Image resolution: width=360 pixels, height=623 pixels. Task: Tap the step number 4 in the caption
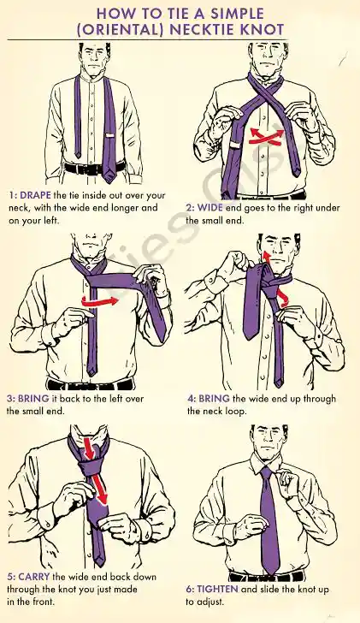[191, 399]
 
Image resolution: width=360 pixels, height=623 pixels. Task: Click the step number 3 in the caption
[9, 399]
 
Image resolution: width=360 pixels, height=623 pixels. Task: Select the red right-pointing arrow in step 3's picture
[103, 300]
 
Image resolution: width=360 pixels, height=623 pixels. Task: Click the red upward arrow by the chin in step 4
[267, 257]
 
